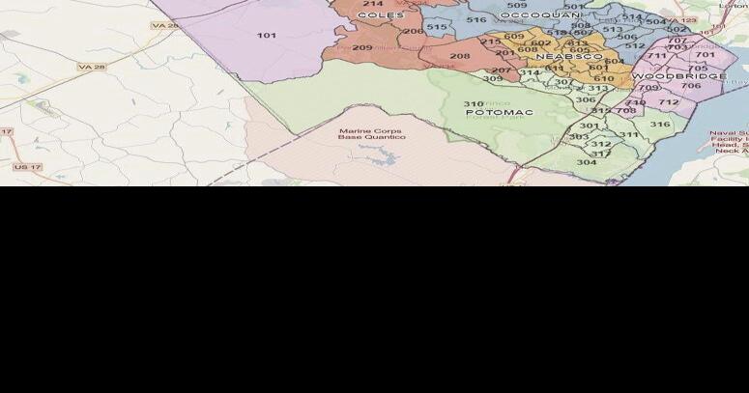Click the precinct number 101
(x=267, y=36)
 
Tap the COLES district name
(x=381, y=15)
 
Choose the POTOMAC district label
(x=500, y=113)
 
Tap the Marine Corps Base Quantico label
(x=371, y=133)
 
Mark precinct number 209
(x=362, y=47)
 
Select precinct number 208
(x=460, y=56)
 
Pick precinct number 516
(x=476, y=19)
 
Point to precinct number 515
(x=437, y=27)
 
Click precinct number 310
(x=474, y=103)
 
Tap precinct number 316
(x=660, y=124)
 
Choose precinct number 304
(x=587, y=161)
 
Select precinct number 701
(x=705, y=54)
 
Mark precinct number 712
(x=669, y=101)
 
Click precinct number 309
(x=493, y=78)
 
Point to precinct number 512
(x=635, y=45)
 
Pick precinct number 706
(x=690, y=86)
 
